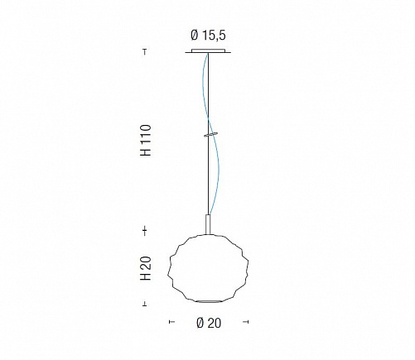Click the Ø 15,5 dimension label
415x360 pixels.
pos(208,36)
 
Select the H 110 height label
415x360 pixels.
pos(146,140)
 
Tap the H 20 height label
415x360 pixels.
pos(146,268)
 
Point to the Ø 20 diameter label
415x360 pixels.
pos(209,323)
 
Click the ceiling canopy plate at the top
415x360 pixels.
pos(208,51)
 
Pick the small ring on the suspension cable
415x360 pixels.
pos(210,134)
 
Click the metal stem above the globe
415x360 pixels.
pos(209,224)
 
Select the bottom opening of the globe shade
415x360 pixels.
pos(209,301)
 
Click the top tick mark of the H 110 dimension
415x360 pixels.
pos(145,52)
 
